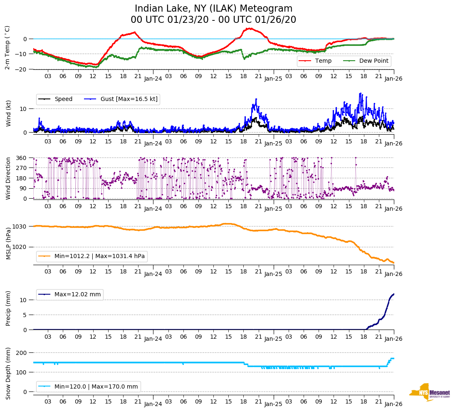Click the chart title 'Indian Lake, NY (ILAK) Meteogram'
(213, 9)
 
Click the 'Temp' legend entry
(323, 61)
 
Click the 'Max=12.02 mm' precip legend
(77, 295)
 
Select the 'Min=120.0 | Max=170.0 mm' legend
(96, 386)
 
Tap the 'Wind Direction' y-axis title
(8, 178)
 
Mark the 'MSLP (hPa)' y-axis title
(8, 244)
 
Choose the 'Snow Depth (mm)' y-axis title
(8, 373)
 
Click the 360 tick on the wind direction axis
(22, 158)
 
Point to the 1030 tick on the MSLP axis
(20, 226)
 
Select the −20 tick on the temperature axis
(20, 69)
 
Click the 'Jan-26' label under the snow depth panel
(393, 404)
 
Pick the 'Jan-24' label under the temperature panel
(153, 78)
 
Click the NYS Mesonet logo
(429, 392)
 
